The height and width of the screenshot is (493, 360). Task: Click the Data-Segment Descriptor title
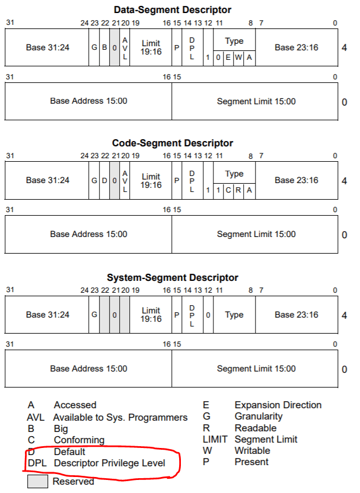pos(173,9)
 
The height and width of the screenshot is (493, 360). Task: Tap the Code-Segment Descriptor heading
pos(173,143)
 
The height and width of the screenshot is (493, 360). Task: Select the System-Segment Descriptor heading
pos(173,278)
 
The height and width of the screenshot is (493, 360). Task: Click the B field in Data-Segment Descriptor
pos(104,46)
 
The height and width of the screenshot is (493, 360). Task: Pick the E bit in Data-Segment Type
pos(228,57)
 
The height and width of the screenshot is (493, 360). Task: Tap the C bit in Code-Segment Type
pos(228,191)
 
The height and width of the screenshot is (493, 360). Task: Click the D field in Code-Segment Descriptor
pos(104,180)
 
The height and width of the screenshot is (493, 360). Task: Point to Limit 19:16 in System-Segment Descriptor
pos(151,315)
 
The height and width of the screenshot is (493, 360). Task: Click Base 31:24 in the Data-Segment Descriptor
pos(47,46)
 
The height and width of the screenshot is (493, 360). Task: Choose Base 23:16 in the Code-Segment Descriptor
pos(297,180)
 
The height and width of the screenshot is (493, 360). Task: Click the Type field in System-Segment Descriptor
pos(234,315)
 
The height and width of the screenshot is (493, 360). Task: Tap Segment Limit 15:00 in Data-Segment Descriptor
pos(256,101)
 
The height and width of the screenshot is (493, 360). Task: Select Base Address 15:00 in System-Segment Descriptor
pos(88,369)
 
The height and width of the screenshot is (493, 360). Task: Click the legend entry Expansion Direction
pos(278,405)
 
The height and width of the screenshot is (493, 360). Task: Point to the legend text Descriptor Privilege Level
pos(109,463)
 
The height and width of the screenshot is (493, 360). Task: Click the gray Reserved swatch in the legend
pos(38,482)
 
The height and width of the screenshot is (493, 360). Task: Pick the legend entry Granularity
pos(259,417)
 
